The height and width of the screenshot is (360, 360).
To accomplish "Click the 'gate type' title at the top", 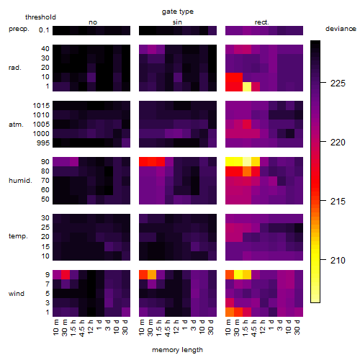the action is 178,12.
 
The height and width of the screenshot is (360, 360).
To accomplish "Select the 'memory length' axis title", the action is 177,350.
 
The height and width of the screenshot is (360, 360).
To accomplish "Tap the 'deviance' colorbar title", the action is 341,29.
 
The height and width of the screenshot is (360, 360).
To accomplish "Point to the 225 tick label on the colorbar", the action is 338,84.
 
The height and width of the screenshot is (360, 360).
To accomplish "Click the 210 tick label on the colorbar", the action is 338,260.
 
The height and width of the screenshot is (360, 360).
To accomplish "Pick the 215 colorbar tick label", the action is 338,201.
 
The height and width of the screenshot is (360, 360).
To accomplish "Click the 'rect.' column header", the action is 262,22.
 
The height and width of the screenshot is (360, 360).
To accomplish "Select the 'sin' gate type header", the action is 177,22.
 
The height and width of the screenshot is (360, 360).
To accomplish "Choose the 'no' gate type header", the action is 93,22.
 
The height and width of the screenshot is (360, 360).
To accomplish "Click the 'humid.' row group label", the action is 20,181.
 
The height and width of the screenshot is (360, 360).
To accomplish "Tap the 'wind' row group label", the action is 17,294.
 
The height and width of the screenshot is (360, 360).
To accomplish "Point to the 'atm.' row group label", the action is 16,125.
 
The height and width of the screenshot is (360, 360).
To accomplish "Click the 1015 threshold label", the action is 41,106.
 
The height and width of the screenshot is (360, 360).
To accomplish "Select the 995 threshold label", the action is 43,143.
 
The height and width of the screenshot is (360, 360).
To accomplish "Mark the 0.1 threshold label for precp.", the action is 44,30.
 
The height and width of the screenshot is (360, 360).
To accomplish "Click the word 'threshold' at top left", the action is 40,17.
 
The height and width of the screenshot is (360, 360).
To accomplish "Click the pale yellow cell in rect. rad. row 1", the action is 247,86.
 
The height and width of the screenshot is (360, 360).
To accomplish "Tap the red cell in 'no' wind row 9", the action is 66,275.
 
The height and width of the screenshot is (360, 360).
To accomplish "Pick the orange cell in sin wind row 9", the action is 152,275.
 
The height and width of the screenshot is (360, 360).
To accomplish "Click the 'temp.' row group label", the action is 18,236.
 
